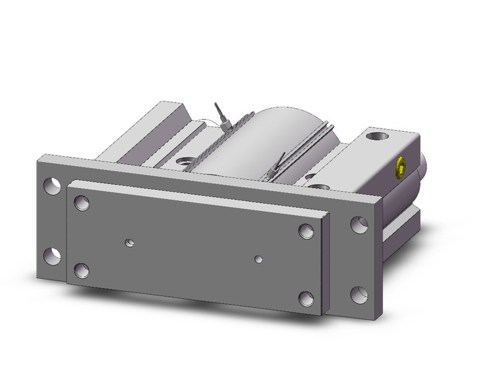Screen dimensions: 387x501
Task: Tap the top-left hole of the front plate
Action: [x=82, y=202]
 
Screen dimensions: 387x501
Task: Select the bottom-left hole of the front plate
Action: [x=81, y=270]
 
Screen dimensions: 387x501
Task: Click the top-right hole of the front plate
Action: [x=305, y=231]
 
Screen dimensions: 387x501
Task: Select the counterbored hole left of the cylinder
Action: [x=184, y=160]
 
